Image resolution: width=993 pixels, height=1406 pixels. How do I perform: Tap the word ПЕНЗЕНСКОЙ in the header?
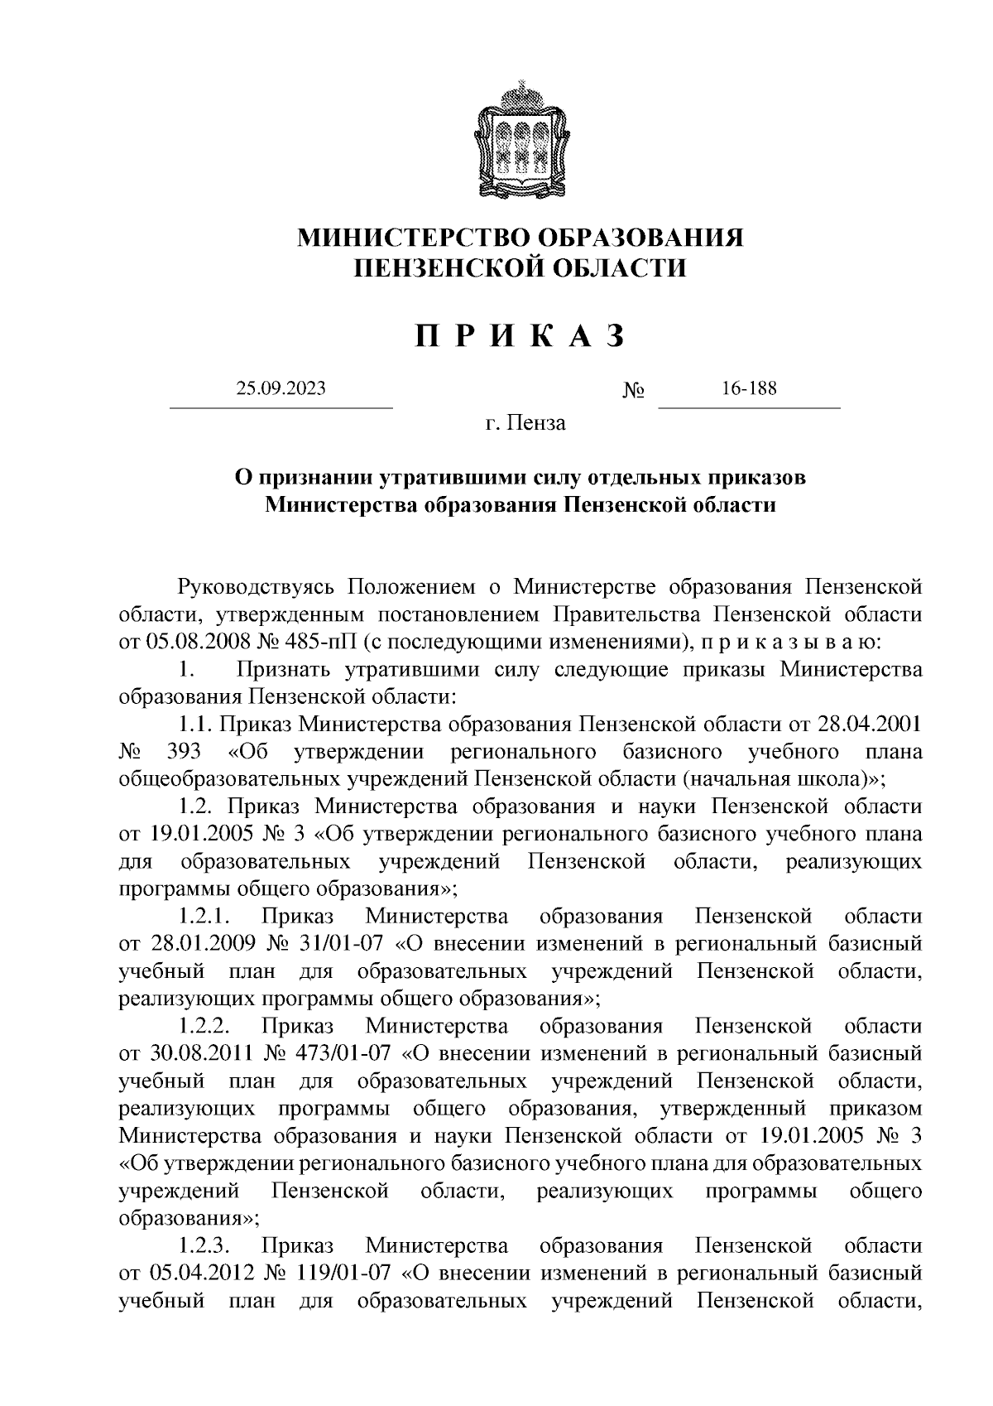(439, 268)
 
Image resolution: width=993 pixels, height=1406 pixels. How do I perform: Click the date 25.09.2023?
(280, 388)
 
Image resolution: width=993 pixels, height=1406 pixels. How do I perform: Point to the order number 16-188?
(748, 388)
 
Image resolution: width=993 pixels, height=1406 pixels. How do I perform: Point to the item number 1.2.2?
(204, 1027)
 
